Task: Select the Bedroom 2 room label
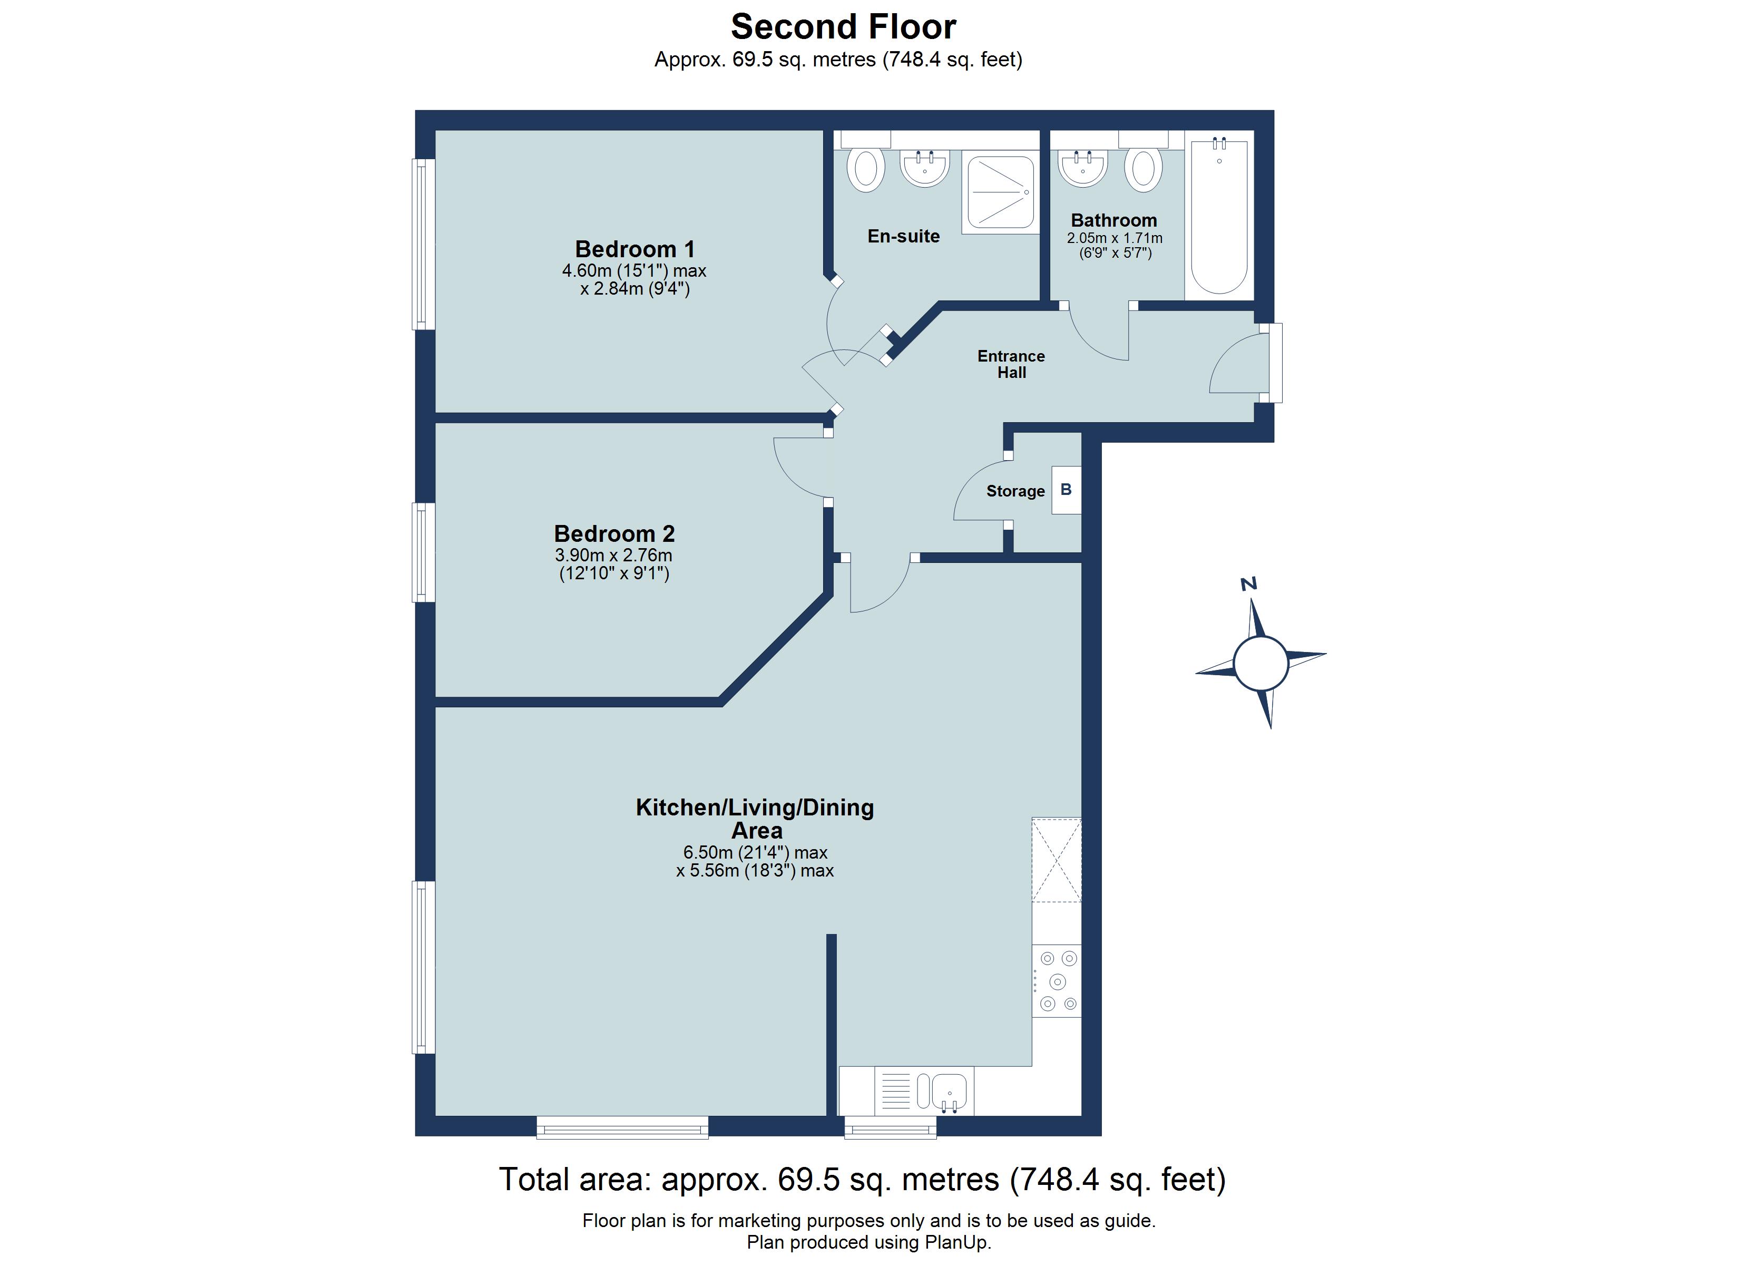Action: point(613,533)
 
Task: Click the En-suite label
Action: point(903,236)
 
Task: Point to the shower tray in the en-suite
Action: point(1000,192)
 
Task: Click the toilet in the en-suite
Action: point(866,168)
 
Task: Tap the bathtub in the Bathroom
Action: point(1218,219)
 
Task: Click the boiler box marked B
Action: point(1066,490)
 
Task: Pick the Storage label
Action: point(1014,491)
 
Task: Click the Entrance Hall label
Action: point(1011,364)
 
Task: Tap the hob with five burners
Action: point(1057,980)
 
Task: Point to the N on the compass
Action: point(1248,585)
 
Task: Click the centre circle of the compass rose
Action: point(1261,663)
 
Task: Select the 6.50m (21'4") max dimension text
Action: point(755,852)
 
